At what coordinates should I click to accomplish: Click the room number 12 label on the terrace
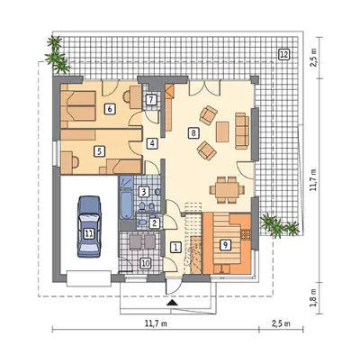pyautogui.click(x=283, y=55)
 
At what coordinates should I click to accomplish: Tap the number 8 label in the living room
pyautogui.click(x=193, y=132)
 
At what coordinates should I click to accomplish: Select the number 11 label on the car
pyautogui.click(x=88, y=233)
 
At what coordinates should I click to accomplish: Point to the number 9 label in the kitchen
pyautogui.click(x=225, y=245)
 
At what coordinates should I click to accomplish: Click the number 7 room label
pyautogui.click(x=151, y=99)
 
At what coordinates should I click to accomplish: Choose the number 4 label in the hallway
pyautogui.click(x=152, y=143)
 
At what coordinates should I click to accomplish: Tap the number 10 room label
pyautogui.click(x=145, y=263)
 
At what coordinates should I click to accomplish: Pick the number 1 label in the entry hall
pyautogui.click(x=175, y=248)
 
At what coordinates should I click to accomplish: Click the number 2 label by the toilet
pyautogui.click(x=155, y=223)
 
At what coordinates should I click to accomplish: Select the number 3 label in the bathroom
pyautogui.click(x=144, y=192)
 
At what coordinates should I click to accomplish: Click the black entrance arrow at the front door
pyautogui.click(x=172, y=302)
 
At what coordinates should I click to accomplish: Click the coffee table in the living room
pyautogui.click(x=222, y=132)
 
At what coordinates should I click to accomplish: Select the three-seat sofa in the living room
pyautogui.click(x=242, y=131)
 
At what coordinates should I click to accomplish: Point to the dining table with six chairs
pyautogui.click(x=227, y=190)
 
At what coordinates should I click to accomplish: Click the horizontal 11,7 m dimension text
pyautogui.click(x=156, y=323)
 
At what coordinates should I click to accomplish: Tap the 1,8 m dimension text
pyautogui.click(x=314, y=297)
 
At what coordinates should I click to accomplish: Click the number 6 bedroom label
pyautogui.click(x=110, y=109)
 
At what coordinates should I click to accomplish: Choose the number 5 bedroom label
pyautogui.click(x=99, y=151)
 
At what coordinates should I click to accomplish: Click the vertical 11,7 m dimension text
pyautogui.click(x=314, y=180)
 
